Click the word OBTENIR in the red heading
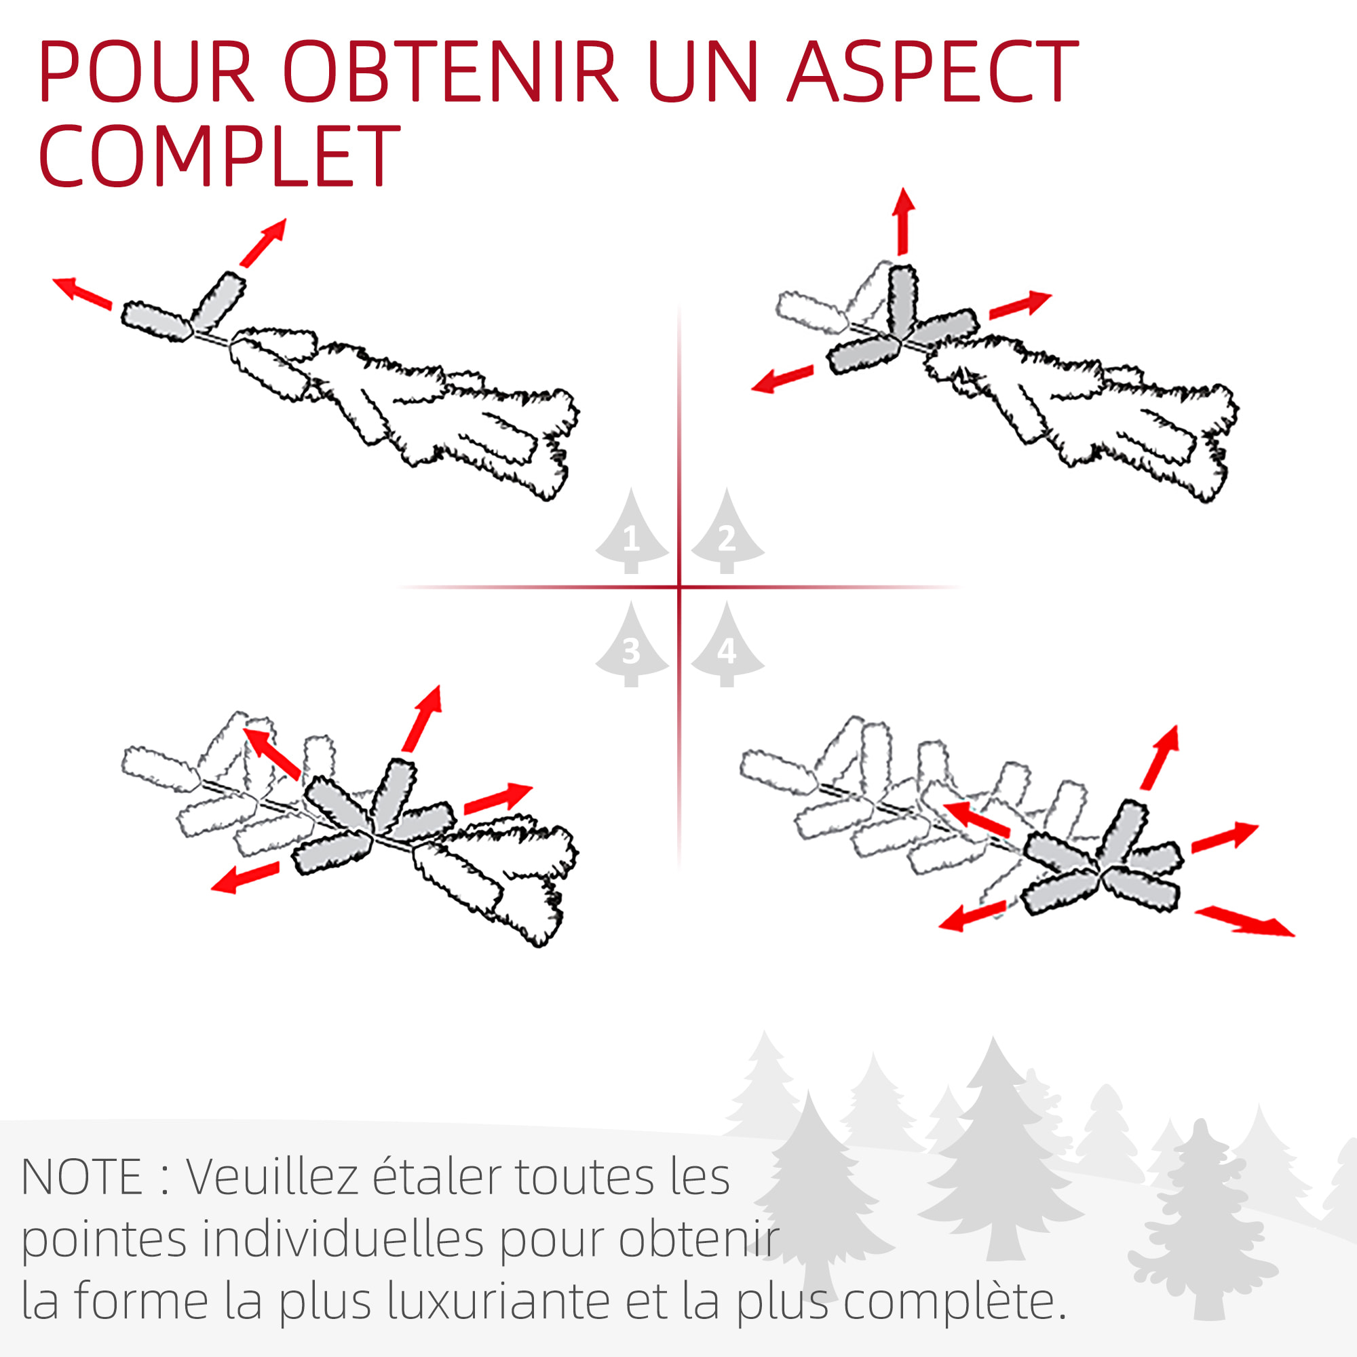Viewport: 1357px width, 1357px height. (x=450, y=71)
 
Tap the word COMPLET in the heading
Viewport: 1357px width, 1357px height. (x=219, y=155)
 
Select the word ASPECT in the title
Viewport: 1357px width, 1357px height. (x=932, y=71)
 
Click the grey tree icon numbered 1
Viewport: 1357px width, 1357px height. (x=632, y=531)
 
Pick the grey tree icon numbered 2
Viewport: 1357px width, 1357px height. (x=727, y=531)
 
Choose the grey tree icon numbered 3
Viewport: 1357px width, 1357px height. (x=632, y=643)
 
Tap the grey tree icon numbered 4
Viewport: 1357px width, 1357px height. (x=727, y=643)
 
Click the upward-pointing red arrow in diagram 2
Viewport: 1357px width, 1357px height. (x=903, y=221)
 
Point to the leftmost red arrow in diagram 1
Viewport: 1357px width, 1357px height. (x=83, y=293)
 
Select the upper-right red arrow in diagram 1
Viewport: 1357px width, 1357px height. (x=263, y=242)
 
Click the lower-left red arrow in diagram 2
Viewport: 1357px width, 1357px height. (x=782, y=379)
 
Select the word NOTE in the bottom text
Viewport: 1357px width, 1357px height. (x=82, y=1177)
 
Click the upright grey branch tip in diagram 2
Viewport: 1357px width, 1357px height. (x=902, y=300)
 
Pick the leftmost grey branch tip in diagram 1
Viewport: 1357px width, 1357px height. (x=156, y=322)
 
